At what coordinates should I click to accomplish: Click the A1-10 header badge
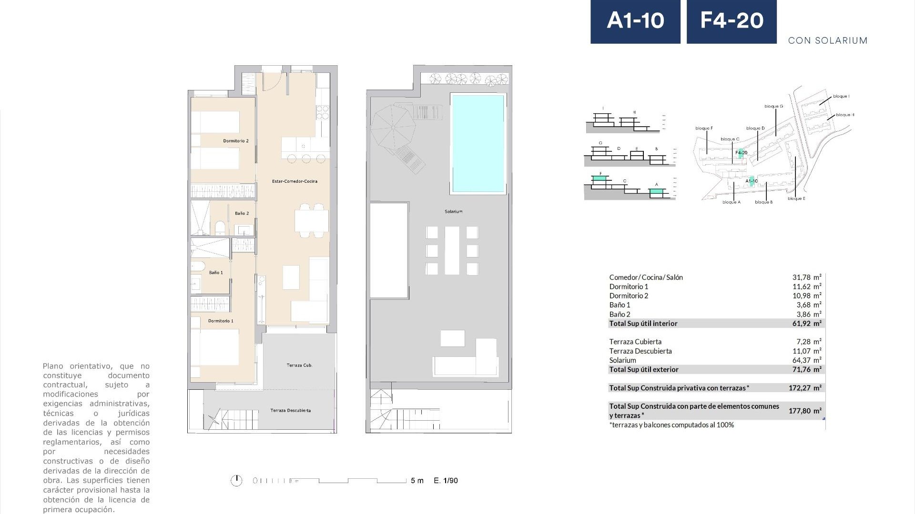(x=635, y=21)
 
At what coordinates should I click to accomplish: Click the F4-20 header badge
(x=732, y=21)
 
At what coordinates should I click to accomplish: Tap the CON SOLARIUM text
(x=827, y=40)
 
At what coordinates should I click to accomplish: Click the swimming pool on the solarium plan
(x=478, y=143)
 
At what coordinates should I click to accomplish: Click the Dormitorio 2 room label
(x=236, y=141)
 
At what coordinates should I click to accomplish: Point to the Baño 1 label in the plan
(x=216, y=273)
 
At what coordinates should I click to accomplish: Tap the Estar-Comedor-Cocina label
(x=294, y=181)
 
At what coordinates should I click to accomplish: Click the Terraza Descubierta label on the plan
(x=290, y=410)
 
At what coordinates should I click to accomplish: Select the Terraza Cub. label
(x=299, y=366)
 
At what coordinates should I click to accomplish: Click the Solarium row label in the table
(x=622, y=360)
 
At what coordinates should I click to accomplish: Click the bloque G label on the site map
(x=773, y=107)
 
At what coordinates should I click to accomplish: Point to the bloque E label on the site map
(x=796, y=198)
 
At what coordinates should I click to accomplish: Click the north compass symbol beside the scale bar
(x=236, y=481)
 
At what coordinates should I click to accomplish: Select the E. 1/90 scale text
(x=446, y=481)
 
